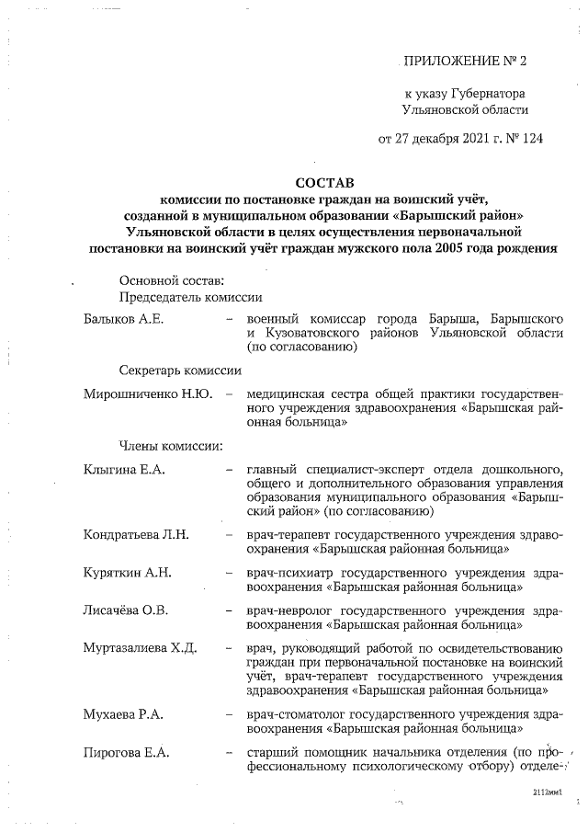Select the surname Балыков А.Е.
click(122, 318)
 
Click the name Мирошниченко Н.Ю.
click(148, 394)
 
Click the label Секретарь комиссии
click(180, 370)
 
